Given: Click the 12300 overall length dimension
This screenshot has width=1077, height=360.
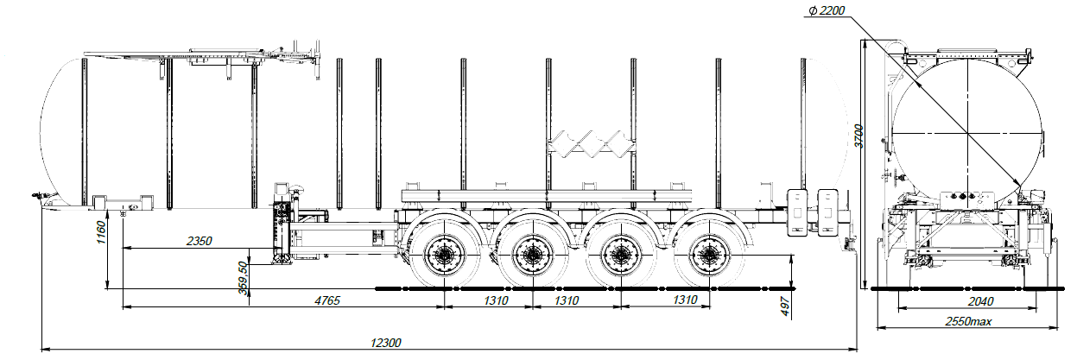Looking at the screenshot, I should pyautogui.click(x=385, y=343).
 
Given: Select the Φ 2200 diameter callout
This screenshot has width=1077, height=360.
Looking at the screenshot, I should pyautogui.click(x=826, y=11).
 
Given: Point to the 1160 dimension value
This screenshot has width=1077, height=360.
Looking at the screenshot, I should pyautogui.click(x=101, y=231).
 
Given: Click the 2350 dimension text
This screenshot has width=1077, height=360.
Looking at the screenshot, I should pyautogui.click(x=199, y=241).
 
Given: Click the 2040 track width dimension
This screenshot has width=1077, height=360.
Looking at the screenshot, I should pyautogui.click(x=957, y=300).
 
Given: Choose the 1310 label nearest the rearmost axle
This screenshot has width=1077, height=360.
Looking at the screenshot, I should pyautogui.click(x=684, y=300).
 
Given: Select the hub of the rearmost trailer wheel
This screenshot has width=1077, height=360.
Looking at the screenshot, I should pyautogui.click(x=709, y=256).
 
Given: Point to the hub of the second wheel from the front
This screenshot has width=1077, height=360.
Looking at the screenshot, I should pyautogui.click(x=532, y=256).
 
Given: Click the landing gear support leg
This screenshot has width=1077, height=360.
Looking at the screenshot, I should pyautogui.click(x=281, y=229).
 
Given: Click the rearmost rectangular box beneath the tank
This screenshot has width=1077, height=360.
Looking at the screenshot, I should pyautogui.click(x=827, y=209).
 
